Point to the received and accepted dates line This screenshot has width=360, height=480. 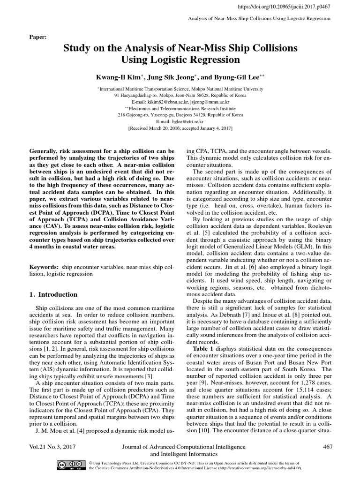pos(180,127)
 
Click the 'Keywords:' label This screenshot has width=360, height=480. pos(45,267)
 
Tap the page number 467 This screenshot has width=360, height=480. pos(328,447)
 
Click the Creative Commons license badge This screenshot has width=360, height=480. pos(70,465)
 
